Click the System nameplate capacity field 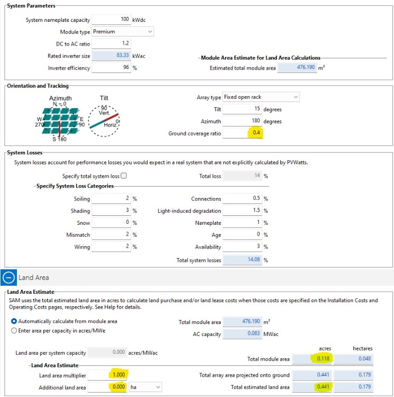111,20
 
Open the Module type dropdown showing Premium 123,32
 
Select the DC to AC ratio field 111,44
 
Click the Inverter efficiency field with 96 111,68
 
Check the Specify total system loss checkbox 124,176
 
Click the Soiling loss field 111,199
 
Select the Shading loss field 111,211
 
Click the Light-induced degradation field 243,211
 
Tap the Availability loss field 243,247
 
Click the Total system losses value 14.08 243,260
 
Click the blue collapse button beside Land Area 8,278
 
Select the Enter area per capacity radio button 14,331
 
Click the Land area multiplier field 111,375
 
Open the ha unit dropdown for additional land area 144,387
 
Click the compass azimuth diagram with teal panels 61,120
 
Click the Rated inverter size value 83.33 111,56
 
